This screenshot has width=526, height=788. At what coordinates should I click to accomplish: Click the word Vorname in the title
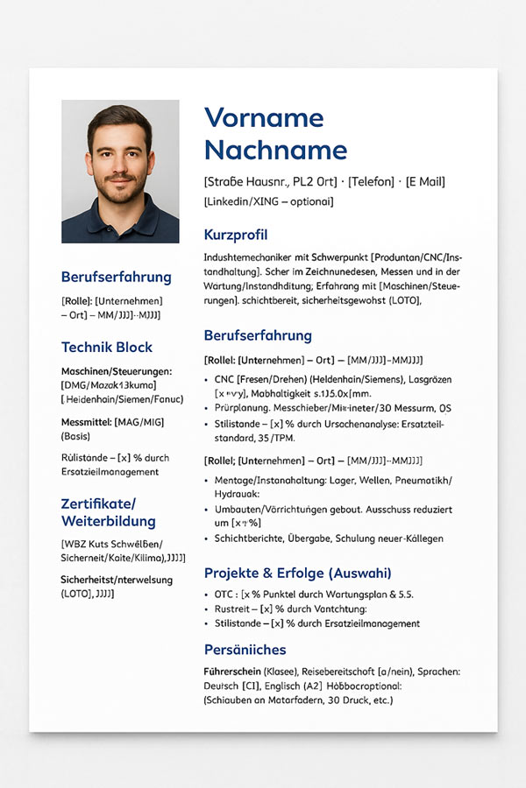tap(263, 118)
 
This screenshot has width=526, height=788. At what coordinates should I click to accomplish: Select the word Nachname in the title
tap(275, 150)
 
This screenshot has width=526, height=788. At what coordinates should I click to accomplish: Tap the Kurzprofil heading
tap(235, 235)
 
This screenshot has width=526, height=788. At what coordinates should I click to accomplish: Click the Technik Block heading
tap(106, 347)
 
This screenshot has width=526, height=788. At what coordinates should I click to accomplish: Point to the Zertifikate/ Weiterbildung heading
tap(106, 512)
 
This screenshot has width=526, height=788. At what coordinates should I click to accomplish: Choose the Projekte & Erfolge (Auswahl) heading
tap(297, 573)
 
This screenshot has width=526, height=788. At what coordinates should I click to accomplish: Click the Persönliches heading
tap(245, 650)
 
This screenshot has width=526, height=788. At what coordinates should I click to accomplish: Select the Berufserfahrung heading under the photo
tap(116, 277)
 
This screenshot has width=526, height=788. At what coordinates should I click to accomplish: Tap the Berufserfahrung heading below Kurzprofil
tap(258, 335)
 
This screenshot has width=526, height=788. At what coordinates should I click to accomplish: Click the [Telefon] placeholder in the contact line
tap(372, 182)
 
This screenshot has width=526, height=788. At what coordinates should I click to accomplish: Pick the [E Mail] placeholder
tap(425, 182)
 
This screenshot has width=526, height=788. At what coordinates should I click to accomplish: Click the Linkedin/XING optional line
tap(268, 201)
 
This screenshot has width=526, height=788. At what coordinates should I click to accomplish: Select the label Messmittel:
tap(86, 422)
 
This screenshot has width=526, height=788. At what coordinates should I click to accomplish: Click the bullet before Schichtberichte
tap(207, 538)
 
